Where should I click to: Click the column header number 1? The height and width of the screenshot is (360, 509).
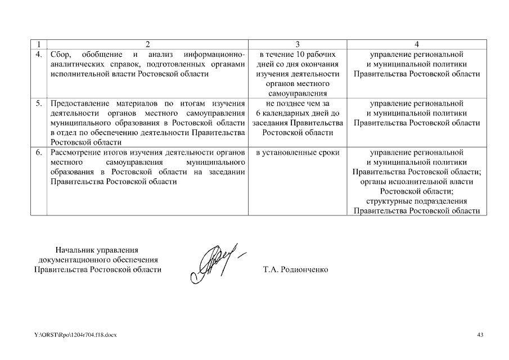pyautogui.click(x=38, y=44)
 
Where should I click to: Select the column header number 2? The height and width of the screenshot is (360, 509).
pyautogui.click(x=148, y=44)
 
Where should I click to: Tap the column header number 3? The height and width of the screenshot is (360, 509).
pyautogui.click(x=298, y=44)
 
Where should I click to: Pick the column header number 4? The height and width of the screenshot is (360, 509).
pyautogui.click(x=416, y=44)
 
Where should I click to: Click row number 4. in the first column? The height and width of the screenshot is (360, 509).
pyautogui.click(x=38, y=55)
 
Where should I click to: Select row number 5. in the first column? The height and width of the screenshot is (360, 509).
pyautogui.click(x=38, y=103)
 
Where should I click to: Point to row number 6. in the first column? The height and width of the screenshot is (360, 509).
pyautogui.click(x=38, y=152)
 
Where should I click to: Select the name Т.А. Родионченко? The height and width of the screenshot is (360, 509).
pyautogui.click(x=295, y=269)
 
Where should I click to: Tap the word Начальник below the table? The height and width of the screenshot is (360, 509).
pyautogui.click(x=73, y=250)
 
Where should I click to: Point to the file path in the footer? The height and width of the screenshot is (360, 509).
pyautogui.click(x=75, y=335)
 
